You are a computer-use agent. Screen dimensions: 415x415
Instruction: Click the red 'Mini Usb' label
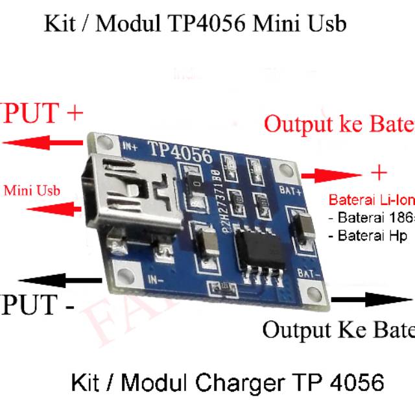tap(32, 191)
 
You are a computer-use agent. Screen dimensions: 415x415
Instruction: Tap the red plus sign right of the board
tap(379, 172)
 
